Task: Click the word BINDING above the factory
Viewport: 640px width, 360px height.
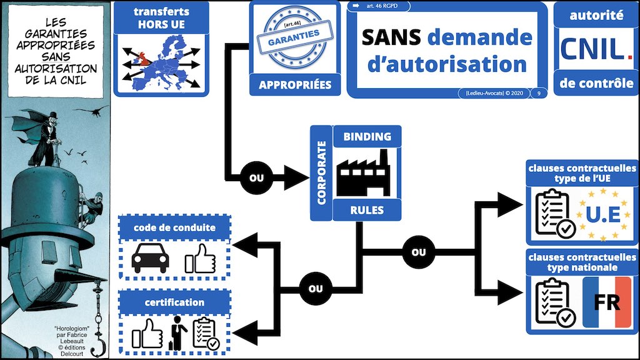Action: point(367,136)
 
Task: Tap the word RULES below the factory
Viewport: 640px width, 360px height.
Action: point(367,210)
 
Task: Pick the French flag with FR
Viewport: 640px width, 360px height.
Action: point(606,303)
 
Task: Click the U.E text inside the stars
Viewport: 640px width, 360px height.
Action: point(602,216)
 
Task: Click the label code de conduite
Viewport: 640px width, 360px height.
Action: point(174,227)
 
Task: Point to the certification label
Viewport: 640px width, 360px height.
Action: point(174,302)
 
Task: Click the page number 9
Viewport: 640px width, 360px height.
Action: point(538,93)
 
